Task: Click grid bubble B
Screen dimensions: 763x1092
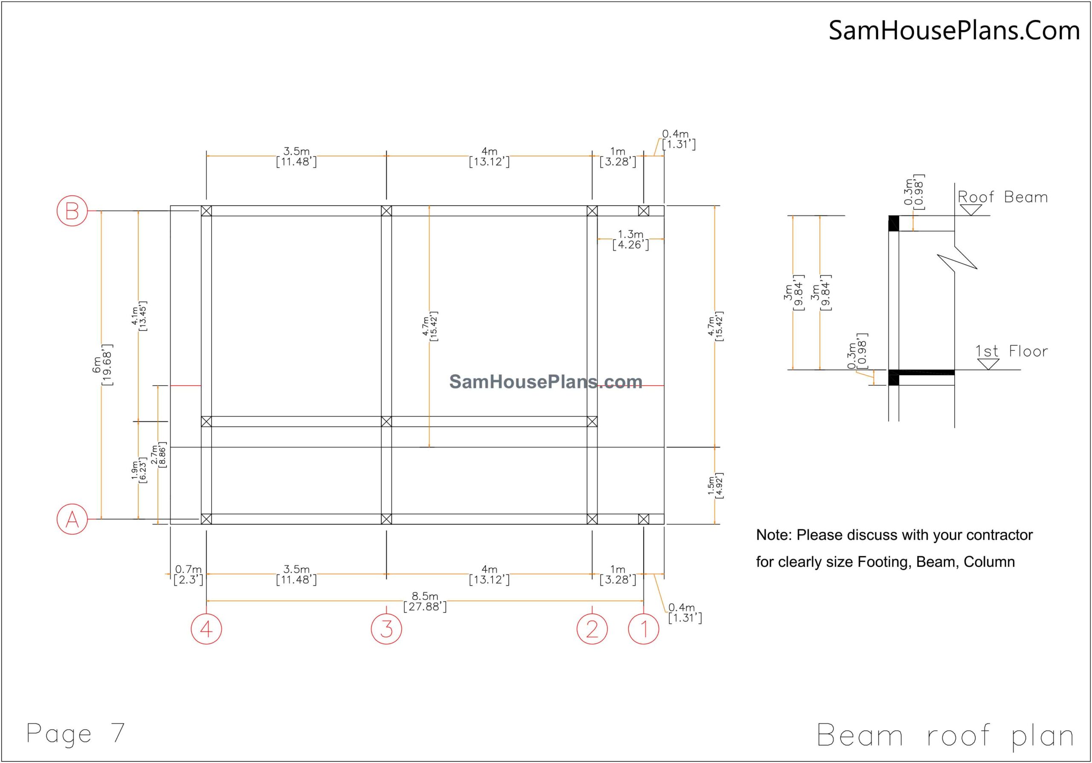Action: [72, 211]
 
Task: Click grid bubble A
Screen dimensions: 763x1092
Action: [72, 519]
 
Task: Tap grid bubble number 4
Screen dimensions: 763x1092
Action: [206, 629]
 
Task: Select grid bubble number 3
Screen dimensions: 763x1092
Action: [386, 629]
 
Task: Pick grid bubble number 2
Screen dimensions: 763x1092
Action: [592, 629]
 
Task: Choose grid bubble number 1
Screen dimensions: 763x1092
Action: [644, 629]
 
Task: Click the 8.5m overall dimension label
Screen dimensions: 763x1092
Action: [425, 601]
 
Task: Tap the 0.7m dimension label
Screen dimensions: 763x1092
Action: [189, 574]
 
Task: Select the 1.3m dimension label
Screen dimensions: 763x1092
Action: [630, 240]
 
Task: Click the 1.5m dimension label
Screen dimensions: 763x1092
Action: [715, 486]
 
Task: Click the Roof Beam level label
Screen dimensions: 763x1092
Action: [1002, 197]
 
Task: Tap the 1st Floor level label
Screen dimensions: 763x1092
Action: [1011, 351]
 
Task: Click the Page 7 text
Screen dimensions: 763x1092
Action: [75, 733]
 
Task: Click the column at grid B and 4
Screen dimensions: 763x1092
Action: [206, 211]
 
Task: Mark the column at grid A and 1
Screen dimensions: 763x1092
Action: [644, 519]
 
